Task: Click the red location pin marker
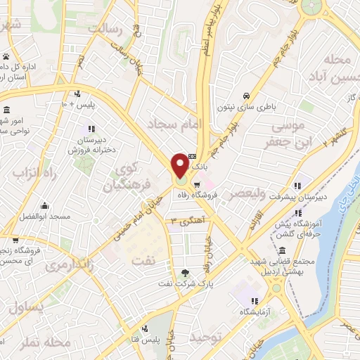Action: point(179,166)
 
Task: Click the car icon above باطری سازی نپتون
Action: point(246,96)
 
